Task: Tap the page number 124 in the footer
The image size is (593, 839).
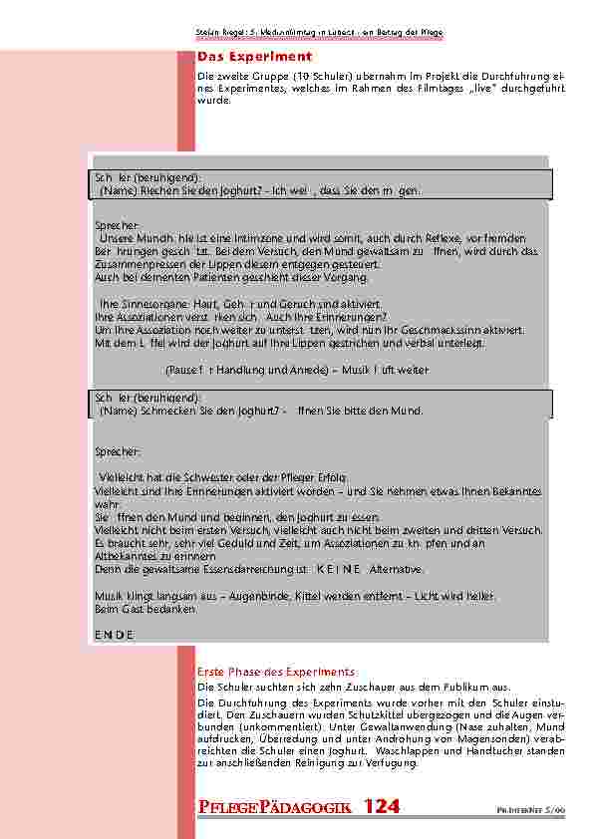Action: pyautogui.click(x=382, y=807)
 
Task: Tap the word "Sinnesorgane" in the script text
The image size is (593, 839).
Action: pyautogui.click(x=147, y=303)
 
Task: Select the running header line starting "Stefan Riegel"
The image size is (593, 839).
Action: pyautogui.click(x=319, y=34)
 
